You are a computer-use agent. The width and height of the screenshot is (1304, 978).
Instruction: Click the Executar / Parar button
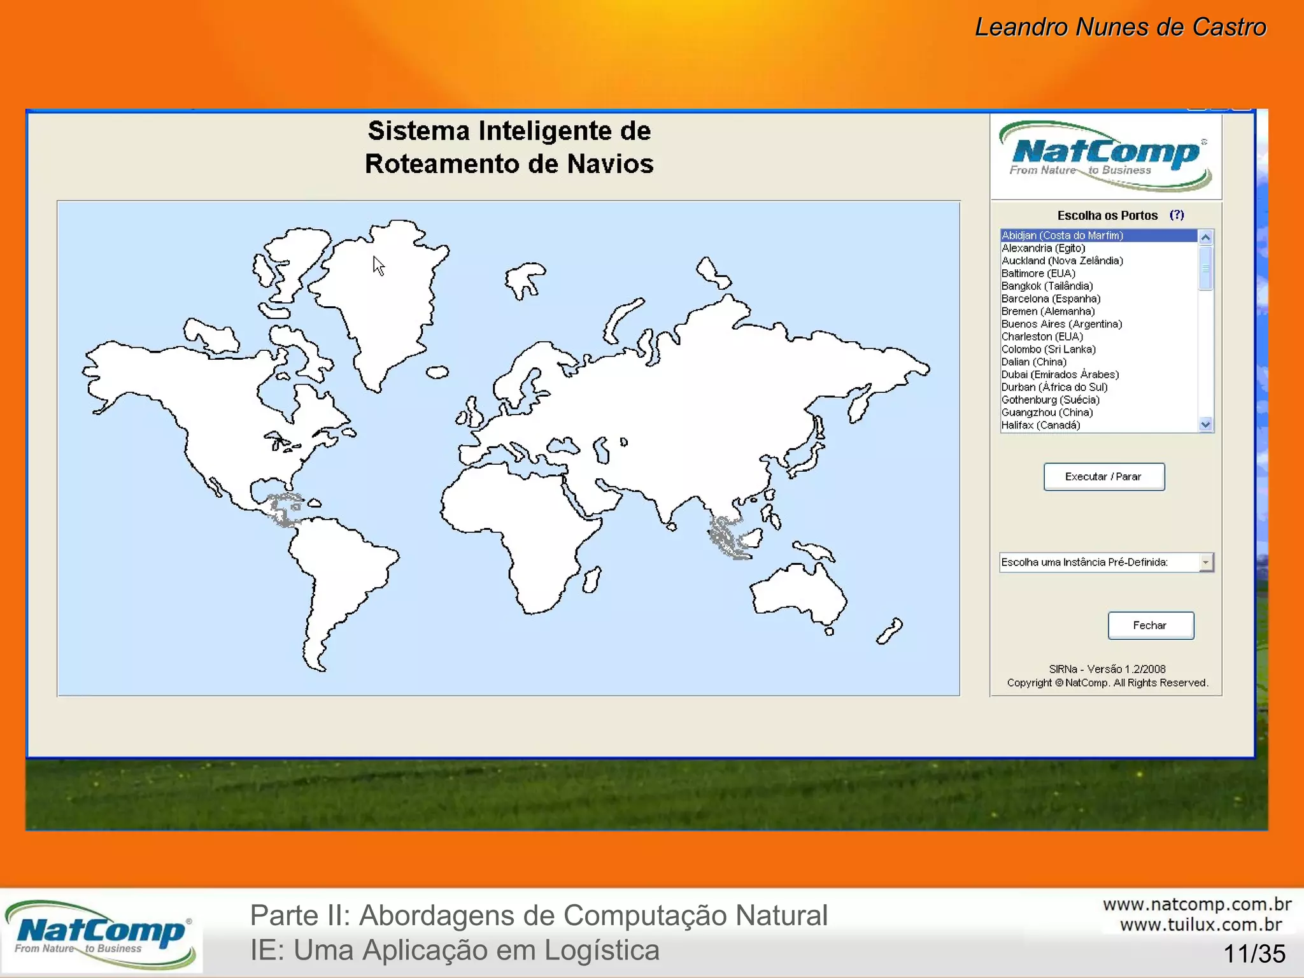click(x=1103, y=477)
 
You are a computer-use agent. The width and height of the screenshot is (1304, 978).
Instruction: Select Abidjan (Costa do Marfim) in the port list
click(x=1062, y=236)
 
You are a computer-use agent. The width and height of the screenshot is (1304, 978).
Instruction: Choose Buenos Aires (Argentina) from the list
click(x=1061, y=324)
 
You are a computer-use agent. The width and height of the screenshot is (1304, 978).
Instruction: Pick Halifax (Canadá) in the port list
click(x=1040, y=425)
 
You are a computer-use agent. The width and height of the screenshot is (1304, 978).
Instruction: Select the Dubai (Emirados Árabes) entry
click(x=1059, y=374)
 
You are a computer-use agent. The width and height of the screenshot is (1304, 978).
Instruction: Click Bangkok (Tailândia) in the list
click(x=1047, y=286)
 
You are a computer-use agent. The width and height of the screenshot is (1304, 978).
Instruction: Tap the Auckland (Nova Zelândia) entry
click(x=1062, y=260)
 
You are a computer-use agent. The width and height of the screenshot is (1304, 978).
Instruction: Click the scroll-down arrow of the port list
click(x=1205, y=424)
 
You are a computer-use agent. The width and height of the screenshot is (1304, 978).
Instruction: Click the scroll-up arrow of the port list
click(x=1205, y=237)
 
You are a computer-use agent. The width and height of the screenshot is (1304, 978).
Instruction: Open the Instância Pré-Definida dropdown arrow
click(x=1205, y=562)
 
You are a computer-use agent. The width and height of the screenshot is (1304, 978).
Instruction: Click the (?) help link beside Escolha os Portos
click(x=1177, y=215)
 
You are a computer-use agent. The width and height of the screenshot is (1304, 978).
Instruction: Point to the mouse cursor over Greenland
click(x=378, y=266)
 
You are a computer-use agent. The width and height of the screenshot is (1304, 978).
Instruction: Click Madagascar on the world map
click(x=592, y=579)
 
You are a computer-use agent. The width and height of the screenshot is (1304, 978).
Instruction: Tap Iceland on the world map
click(x=437, y=372)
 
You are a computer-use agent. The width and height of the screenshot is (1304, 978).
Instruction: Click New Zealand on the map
click(x=889, y=630)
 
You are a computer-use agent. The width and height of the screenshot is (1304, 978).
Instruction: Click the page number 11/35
click(x=1254, y=954)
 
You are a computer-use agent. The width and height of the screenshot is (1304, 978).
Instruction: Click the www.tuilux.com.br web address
click(x=1200, y=925)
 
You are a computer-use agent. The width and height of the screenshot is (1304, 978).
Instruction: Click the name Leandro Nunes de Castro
click(x=1120, y=27)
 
